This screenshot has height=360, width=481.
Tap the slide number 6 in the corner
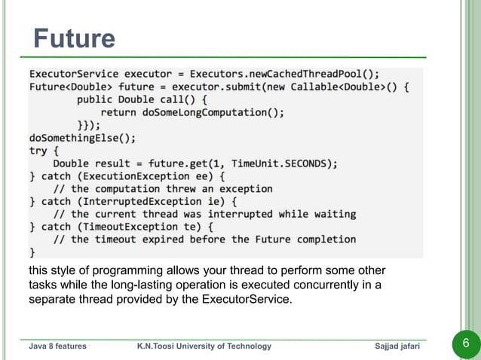pos(465,345)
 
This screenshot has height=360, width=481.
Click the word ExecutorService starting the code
pos(73,74)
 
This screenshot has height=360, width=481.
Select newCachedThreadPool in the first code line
pos(311,74)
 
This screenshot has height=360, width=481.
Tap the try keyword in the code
pos(38,151)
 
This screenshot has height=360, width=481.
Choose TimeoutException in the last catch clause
pos(124,227)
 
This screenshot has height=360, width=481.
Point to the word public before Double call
pos(95,99)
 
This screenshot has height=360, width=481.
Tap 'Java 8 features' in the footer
pos(57,346)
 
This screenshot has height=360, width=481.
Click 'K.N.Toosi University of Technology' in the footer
pos(204,346)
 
